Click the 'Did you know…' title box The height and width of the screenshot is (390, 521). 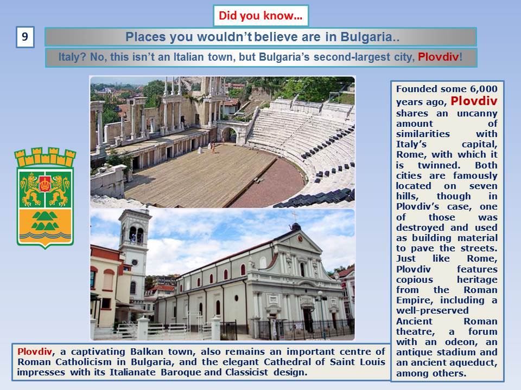click(x=261, y=16)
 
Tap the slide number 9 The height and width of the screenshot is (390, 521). click(x=25, y=37)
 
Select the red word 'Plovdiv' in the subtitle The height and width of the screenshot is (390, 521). click(x=439, y=57)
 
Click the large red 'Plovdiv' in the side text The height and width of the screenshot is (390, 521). click(x=474, y=101)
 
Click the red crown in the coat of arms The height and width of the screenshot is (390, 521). click(x=45, y=184)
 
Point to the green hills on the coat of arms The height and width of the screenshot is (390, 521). click(x=45, y=220)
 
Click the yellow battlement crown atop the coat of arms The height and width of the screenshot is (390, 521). click(x=45, y=157)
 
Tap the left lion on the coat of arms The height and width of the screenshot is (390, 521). click(x=30, y=189)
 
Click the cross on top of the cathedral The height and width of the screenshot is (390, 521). click(x=294, y=216)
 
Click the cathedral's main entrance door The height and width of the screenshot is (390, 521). click(x=308, y=320)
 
